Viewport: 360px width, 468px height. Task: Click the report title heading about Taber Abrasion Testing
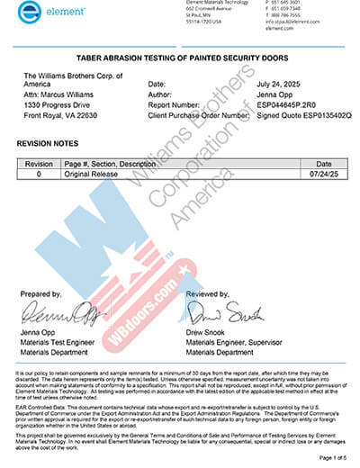[x=180, y=55]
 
